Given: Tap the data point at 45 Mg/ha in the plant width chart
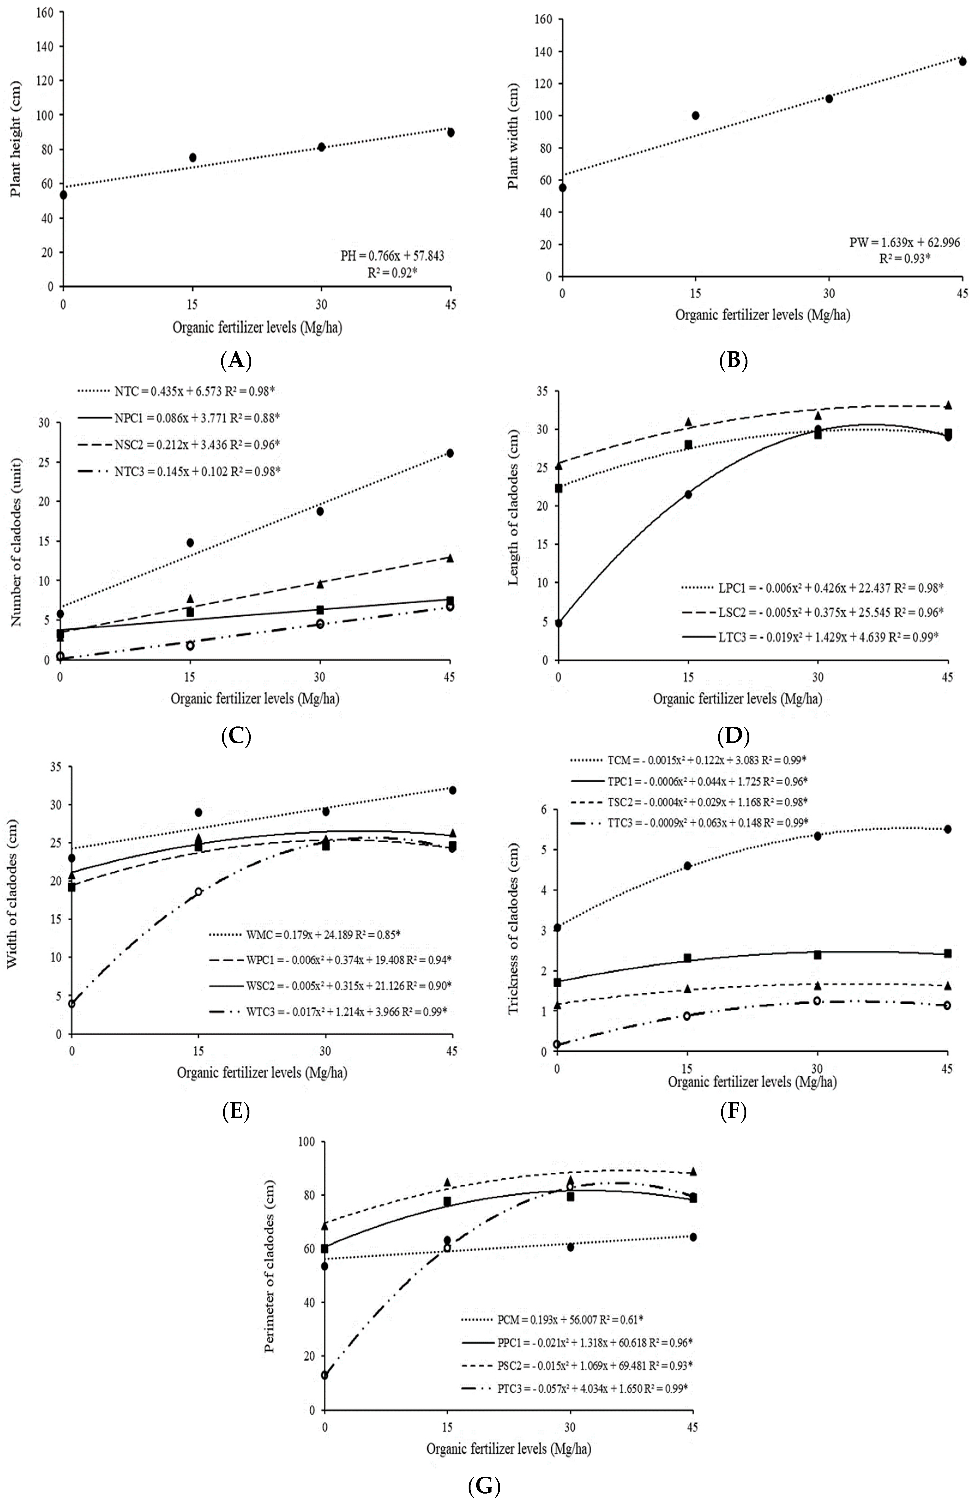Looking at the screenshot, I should tap(963, 61).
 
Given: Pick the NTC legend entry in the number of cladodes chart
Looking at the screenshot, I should tap(177, 391).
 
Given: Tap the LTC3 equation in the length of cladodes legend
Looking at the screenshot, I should tap(813, 637).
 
